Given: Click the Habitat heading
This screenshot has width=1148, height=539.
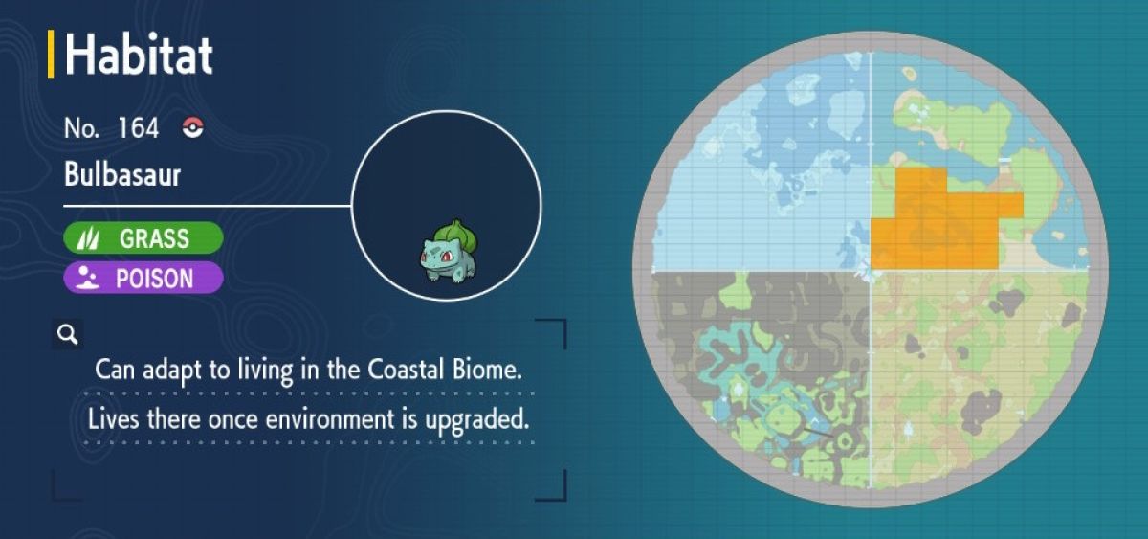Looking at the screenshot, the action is coord(139,55).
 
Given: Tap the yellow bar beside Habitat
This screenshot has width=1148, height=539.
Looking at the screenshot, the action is coord(51,54).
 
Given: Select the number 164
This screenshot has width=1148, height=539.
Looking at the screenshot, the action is coord(138,127).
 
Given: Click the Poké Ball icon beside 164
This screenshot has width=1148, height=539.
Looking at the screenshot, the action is coord(193,127).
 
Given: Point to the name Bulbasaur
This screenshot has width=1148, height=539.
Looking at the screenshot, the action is coord(122,175).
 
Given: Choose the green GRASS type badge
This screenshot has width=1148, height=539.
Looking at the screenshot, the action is coord(143,238).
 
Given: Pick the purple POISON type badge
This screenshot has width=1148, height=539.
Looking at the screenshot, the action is coord(143,278).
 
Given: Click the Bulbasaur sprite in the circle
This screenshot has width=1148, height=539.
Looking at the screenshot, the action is coord(449,251).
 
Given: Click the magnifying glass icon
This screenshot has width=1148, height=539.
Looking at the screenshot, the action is coord(68,334).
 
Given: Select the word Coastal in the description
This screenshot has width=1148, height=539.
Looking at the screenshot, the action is coord(406,370).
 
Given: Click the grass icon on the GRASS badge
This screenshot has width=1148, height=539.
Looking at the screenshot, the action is coord(88,238).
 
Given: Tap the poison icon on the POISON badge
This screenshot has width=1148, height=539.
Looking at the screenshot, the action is coord(87,278).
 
